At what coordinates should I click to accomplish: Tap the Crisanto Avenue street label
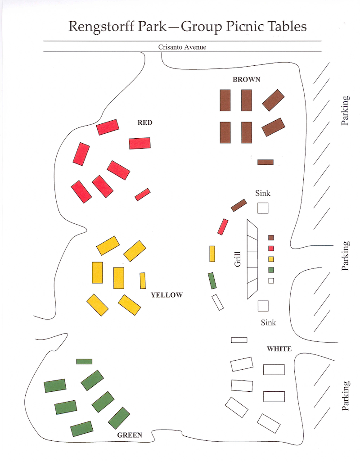coord(182,47)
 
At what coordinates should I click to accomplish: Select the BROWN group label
coord(246,80)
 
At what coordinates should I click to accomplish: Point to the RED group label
coord(145,122)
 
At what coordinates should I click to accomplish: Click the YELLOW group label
coord(166,295)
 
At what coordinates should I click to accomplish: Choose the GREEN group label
coord(130,435)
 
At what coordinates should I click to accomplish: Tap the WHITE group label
coord(279,349)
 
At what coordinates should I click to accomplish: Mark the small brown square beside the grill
coord(271,237)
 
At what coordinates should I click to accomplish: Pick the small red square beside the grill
coord(271,248)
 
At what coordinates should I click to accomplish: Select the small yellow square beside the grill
coord(271,259)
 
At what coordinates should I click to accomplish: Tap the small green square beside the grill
coord(271,270)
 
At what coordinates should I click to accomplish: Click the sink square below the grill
coord(263,306)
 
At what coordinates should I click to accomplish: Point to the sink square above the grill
coord(263,208)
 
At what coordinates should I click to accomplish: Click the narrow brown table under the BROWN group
coord(265,162)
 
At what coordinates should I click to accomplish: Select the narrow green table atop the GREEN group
coord(84,361)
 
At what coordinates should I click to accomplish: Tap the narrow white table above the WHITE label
coord(239,340)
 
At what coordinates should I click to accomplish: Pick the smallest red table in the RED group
coord(142,194)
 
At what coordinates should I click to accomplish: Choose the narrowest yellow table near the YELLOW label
coord(143,281)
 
